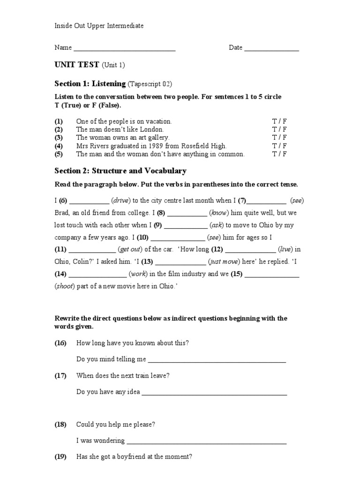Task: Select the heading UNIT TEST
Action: point(77,65)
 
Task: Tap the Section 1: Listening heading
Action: point(90,84)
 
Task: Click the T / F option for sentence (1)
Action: point(279,121)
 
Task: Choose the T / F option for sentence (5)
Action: point(279,154)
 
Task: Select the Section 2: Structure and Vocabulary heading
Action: point(120,171)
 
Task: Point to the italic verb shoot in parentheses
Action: point(65,286)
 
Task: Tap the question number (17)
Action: point(60,375)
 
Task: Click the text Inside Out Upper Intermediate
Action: point(99,26)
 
